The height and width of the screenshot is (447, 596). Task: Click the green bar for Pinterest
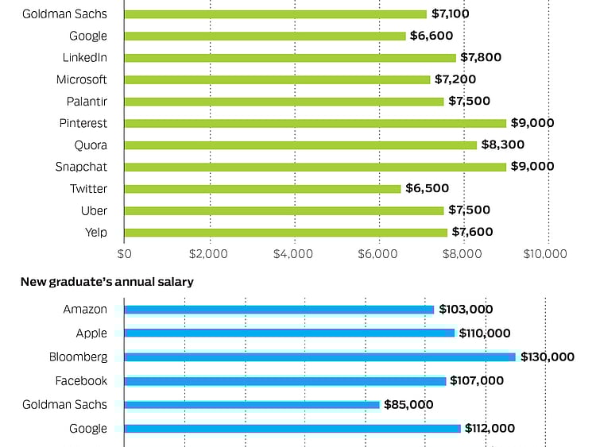click(315, 123)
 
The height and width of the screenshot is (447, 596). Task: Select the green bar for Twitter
click(262, 189)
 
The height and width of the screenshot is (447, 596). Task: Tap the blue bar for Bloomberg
click(319, 357)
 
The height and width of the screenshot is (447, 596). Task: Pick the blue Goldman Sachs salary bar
click(252, 405)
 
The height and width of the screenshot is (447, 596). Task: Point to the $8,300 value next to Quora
click(503, 145)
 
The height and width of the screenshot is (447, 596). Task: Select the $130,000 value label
click(548, 357)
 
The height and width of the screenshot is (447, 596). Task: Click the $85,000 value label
click(408, 405)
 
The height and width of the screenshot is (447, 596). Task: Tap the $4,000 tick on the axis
click(294, 253)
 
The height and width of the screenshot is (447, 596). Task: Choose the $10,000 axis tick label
click(544, 253)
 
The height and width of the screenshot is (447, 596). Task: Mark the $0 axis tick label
click(124, 253)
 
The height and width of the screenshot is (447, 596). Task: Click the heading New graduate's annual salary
click(107, 282)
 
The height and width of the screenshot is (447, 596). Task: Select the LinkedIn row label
click(85, 57)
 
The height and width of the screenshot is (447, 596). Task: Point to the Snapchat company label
click(81, 167)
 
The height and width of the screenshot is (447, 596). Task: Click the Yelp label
click(95, 233)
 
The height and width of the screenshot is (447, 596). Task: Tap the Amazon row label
click(85, 310)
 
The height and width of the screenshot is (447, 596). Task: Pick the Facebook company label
click(81, 381)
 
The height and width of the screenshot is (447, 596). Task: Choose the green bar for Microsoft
click(277, 79)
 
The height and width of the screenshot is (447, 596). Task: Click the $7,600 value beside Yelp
click(472, 232)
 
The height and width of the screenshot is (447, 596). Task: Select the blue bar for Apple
click(289, 333)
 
